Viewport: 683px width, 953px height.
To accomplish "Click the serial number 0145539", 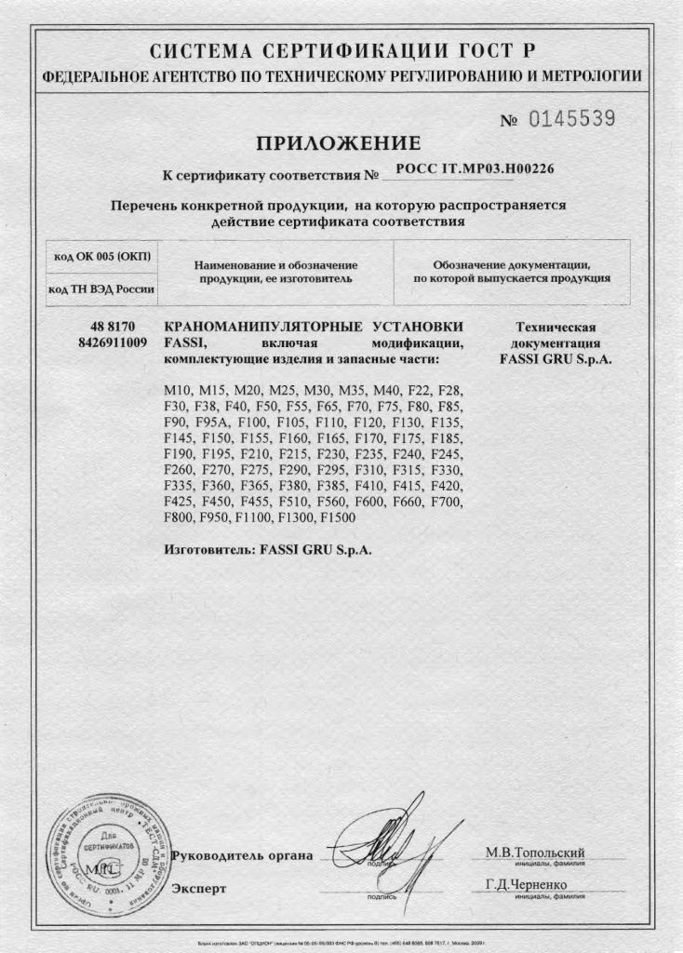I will (x=572, y=119).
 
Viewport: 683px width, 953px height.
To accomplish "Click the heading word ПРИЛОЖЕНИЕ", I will (x=339, y=142).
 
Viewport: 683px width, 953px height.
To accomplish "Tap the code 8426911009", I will (x=114, y=342).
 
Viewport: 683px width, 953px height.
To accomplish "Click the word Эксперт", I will (x=198, y=888).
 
